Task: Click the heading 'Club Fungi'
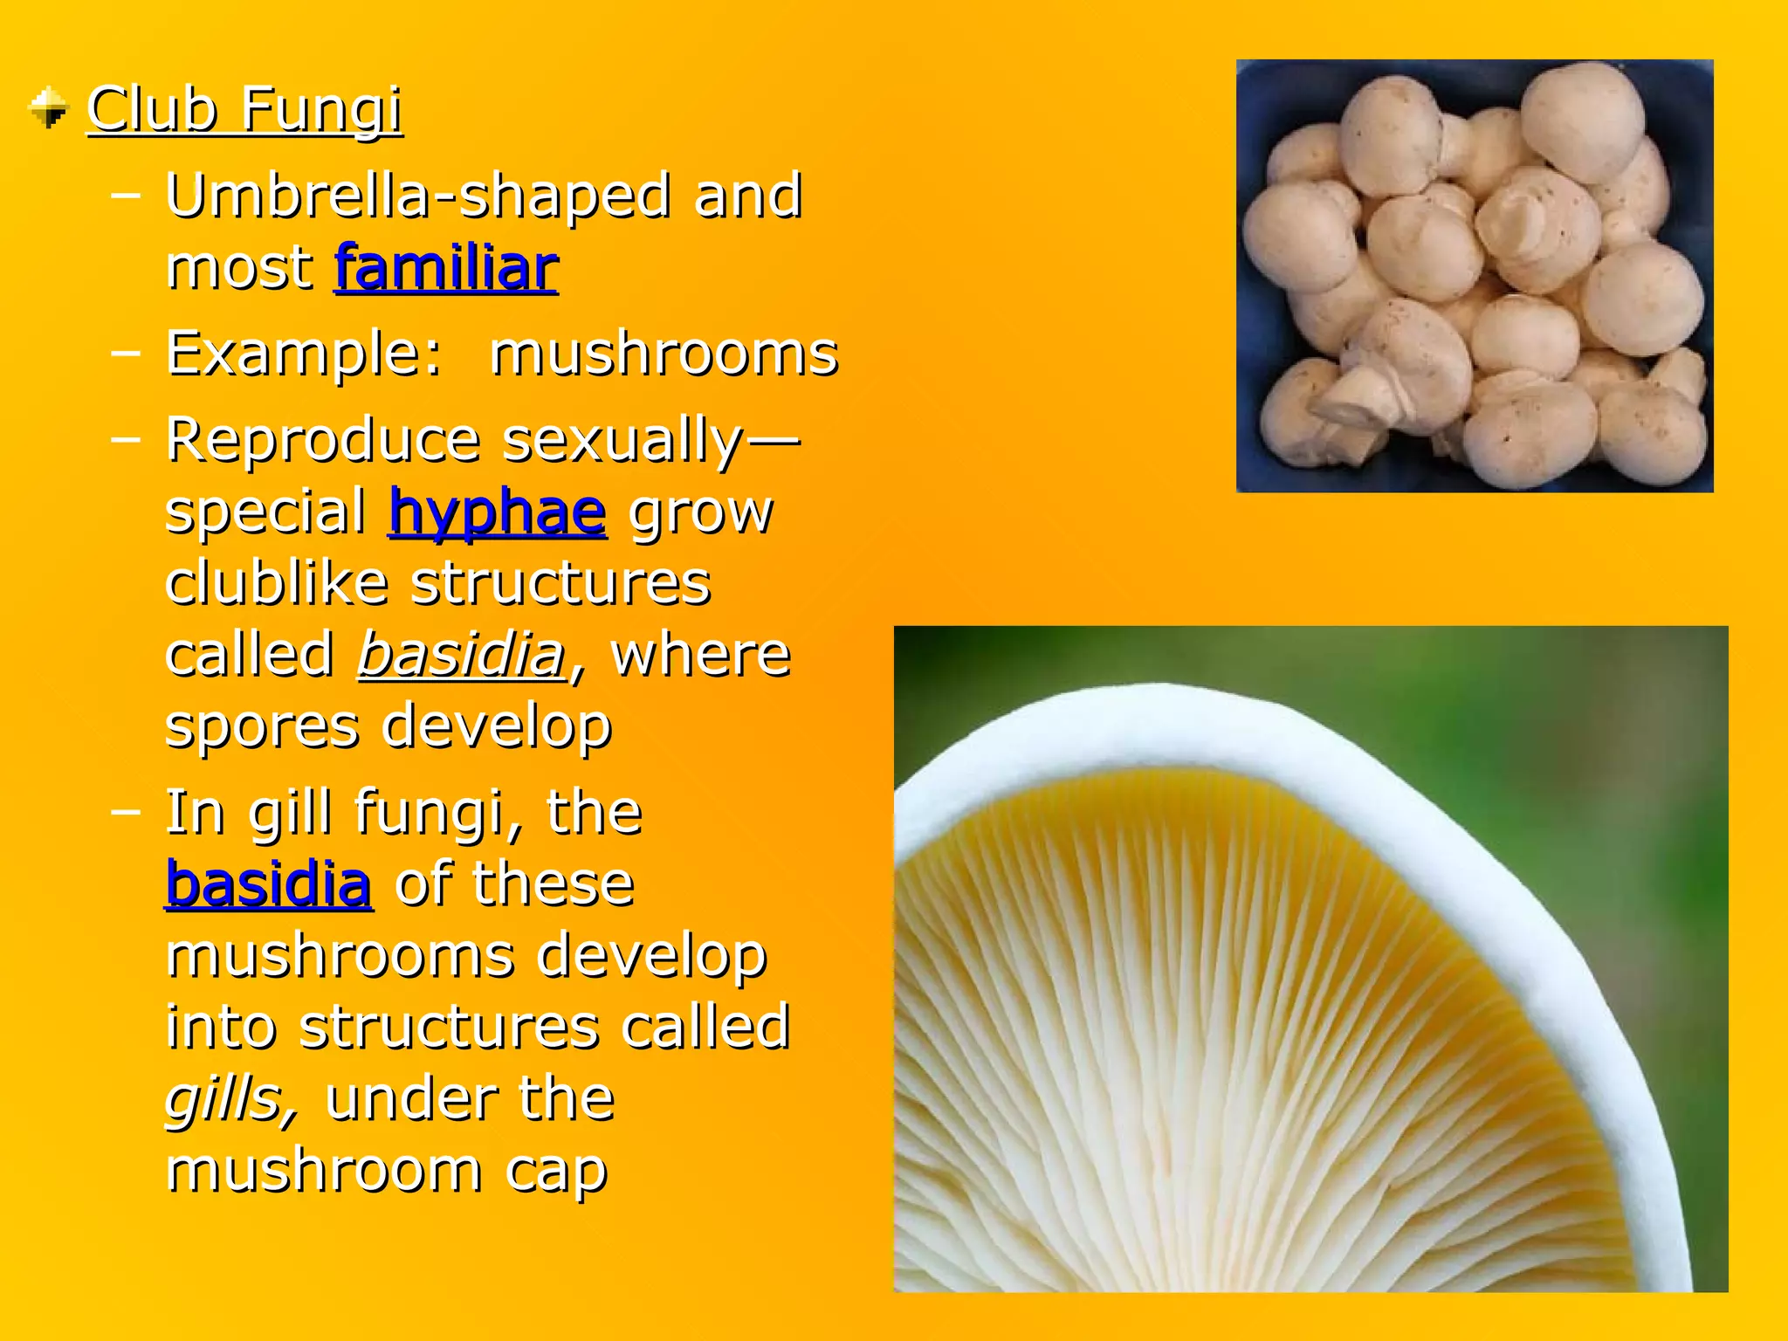tap(244, 110)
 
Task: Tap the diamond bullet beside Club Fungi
tap(49, 108)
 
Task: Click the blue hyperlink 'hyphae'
tap(498, 512)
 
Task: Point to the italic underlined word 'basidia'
tap(462, 654)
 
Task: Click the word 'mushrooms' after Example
tap(664, 354)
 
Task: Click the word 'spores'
tap(262, 726)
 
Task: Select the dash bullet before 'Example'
tap(127, 354)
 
